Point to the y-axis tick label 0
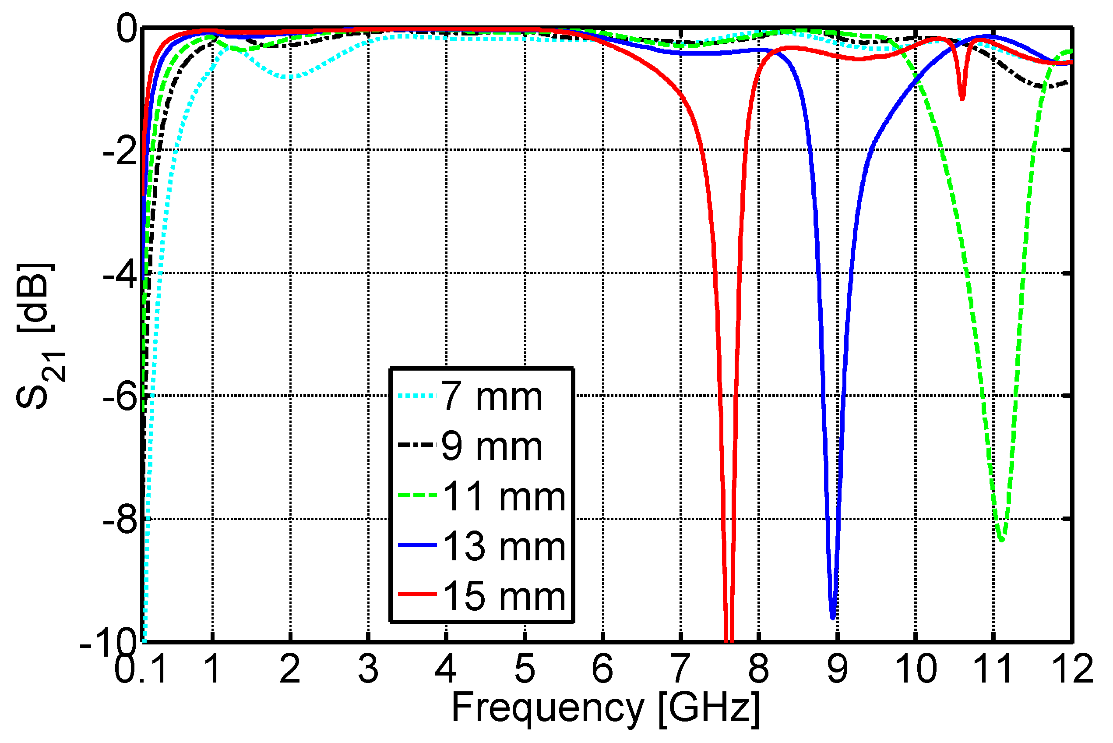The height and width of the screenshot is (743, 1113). pyautogui.click(x=127, y=29)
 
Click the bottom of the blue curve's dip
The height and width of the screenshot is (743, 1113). pyautogui.click(x=833, y=617)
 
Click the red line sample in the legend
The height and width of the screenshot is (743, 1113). pyautogui.click(x=417, y=594)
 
